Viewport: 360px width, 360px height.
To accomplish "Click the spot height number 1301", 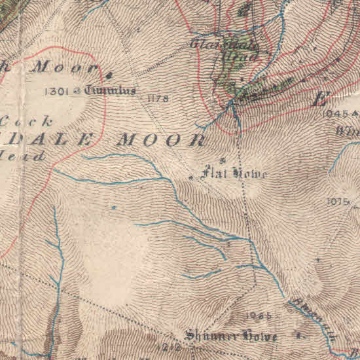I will (x=58, y=92).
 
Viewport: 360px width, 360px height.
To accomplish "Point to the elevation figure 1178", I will (x=158, y=99).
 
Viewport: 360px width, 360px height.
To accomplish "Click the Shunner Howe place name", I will (x=231, y=336).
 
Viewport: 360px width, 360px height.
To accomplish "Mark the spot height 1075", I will (x=338, y=202).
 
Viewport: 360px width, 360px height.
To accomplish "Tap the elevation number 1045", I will (x=336, y=113).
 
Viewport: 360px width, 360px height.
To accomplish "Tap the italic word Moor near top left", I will (x=65, y=67).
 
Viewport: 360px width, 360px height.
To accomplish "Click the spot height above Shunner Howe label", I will (x=259, y=315).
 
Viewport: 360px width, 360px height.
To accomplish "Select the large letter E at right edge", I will (x=321, y=100).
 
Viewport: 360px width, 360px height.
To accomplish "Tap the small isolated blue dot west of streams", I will (x=113, y=207).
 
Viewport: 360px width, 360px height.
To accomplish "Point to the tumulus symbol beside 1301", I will (x=78, y=92).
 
